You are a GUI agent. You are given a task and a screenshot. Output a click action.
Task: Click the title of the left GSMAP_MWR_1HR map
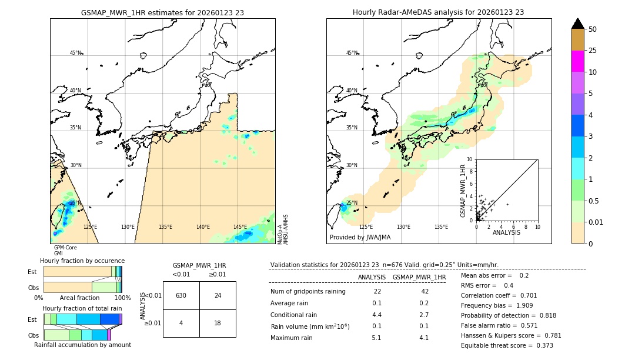pos(162,12)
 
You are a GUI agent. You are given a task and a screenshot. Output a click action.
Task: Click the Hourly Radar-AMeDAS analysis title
pos(438,12)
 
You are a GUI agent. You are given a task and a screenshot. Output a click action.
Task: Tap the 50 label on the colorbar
pos(593,29)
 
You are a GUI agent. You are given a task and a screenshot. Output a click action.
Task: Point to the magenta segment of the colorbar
pos(577,61)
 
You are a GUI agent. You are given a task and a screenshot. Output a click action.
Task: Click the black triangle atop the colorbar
pos(577,24)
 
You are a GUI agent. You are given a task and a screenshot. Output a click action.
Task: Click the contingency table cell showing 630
pos(181,295)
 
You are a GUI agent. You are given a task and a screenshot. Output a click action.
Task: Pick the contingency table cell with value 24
pos(218,295)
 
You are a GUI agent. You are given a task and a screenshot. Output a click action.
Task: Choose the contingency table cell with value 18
pos(218,323)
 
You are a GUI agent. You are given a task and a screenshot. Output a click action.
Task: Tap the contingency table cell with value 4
pos(181,323)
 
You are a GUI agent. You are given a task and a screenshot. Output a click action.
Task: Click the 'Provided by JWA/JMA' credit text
pos(360,238)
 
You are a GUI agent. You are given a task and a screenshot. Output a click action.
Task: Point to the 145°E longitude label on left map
pos(240,227)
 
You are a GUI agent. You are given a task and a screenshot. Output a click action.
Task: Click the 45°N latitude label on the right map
pos(352,53)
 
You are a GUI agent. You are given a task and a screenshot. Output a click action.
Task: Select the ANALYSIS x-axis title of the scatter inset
pos(506,232)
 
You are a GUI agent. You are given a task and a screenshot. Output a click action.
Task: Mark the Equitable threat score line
pos(507,345)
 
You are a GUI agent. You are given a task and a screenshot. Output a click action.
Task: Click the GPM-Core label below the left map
pos(65,248)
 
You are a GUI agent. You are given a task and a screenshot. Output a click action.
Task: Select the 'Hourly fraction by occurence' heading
pos(82,261)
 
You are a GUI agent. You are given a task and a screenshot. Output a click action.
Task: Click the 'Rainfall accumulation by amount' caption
pos(82,345)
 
